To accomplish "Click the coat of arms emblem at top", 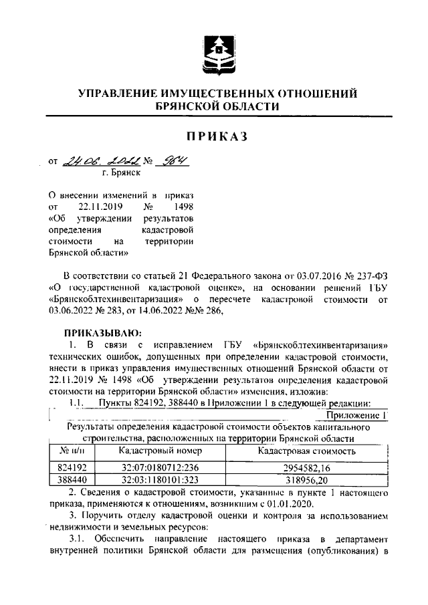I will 216,50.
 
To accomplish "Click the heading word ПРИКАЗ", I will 217,136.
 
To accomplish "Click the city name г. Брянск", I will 121,172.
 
